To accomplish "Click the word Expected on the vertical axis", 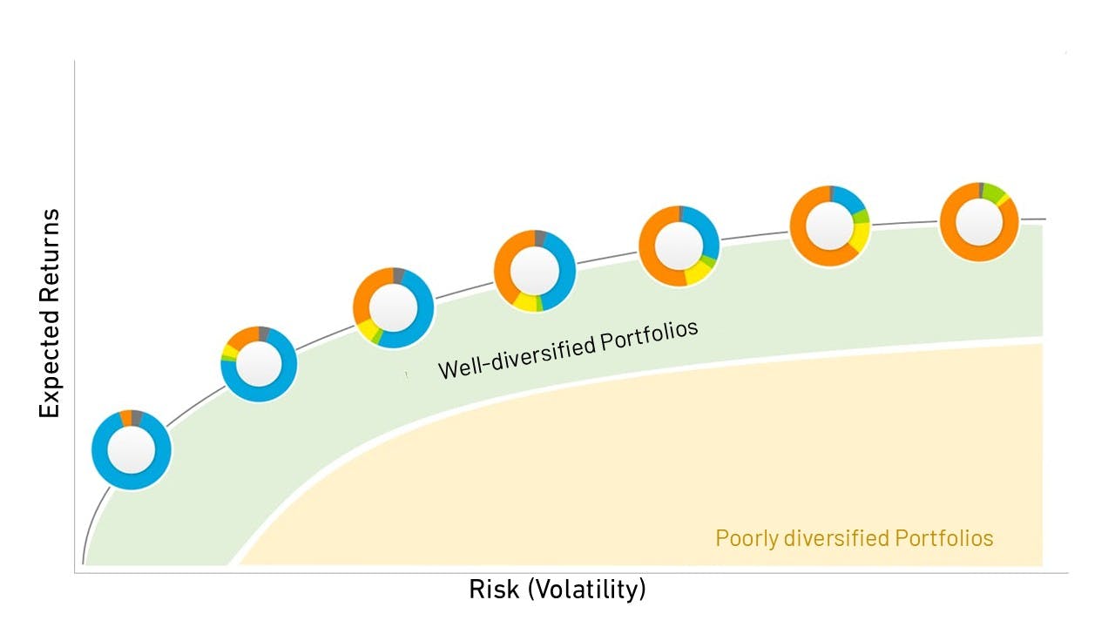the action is coord(50,365).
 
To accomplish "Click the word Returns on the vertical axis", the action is coord(50,257).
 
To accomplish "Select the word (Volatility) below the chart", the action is coord(587,590).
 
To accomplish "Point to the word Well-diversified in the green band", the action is coord(517,360).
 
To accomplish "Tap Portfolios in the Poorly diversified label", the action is coord(944,538).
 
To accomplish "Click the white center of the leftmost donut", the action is coord(132,450).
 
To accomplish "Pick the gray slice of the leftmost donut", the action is coord(137,418).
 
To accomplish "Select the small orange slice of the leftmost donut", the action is coord(126,419).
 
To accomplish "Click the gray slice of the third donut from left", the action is coord(398,275).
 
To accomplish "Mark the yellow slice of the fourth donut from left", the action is coord(524,302).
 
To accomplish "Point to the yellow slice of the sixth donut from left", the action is coord(861,236).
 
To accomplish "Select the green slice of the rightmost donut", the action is coord(993,192).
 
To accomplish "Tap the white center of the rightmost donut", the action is coord(979,222).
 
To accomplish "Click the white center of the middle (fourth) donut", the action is coord(535,271).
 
